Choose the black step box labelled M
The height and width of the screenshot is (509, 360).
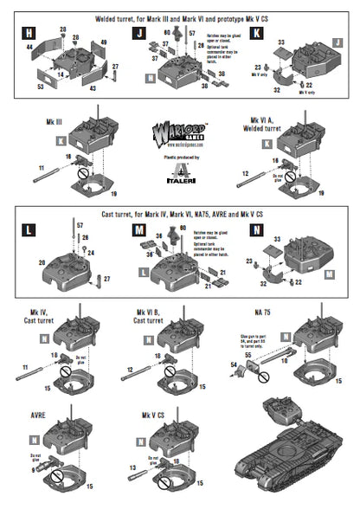click(140, 229)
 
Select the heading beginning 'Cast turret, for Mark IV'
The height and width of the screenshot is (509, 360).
click(180, 213)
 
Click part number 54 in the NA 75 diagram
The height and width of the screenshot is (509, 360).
click(233, 367)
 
